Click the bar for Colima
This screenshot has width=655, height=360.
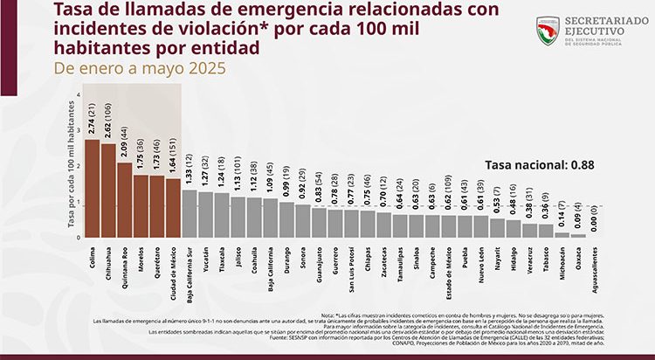(93, 188)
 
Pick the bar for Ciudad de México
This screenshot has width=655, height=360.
(172, 208)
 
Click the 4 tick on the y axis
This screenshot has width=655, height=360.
(78, 95)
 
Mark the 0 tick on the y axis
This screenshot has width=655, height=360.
(78, 238)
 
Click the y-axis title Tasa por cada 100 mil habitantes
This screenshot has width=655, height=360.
(68, 166)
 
